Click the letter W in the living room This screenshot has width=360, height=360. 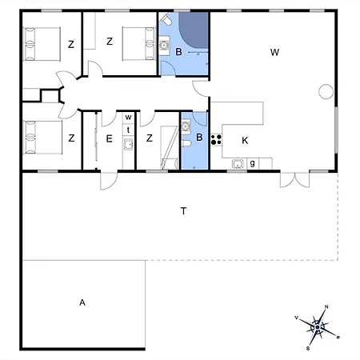pyautogui.click(x=274, y=52)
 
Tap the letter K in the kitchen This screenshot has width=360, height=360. pyautogui.click(x=246, y=139)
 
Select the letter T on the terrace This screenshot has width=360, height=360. pyautogui.click(x=183, y=211)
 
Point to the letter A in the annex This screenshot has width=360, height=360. pyautogui.click(x=82, y=302)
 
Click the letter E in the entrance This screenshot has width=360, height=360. pyautogui.click(x=110, y=138)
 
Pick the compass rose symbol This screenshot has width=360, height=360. pyautogui.click(x=318, y=326)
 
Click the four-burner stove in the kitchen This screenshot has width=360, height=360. pyautogui.click(x=215, y=139)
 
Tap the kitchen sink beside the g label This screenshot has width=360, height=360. pyautogui.click(x=238, y=165)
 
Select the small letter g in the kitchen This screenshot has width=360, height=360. pyautogui.click(x=252, y=163)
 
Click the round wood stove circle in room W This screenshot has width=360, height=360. pyautogui.click(x=325, y=90)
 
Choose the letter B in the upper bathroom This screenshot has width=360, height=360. pyautogui.click(x=179, y=52)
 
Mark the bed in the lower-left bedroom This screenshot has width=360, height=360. pyautogui.click(x=40, y=136)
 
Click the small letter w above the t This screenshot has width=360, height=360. pyautogui.click(x=127, y=117)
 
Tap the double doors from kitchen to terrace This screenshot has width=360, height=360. pyautogui.click(x=291, y=178)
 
